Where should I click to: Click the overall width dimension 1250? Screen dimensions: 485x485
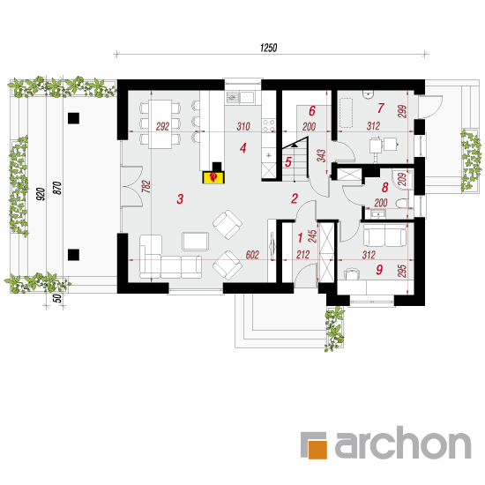[x=268, y=48]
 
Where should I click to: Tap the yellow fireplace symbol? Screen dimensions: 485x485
[x=213, y=177]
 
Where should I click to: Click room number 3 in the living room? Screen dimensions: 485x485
[x=180, y=199]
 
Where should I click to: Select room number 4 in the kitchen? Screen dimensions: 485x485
[x=243, y=148]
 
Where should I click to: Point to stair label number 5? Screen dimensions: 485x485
[x=288, y=161]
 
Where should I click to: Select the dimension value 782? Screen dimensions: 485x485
[x=146, y=187]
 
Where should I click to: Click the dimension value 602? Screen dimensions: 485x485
[x=252, y=255]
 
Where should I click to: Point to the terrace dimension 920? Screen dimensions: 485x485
[x=41, y=194]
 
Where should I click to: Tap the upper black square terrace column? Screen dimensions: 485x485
[x=73, y=118]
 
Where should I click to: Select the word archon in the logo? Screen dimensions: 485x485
[x=403, y=443]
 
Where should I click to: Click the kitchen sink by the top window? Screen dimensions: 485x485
[x=241, y=97]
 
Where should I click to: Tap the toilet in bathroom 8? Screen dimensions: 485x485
[x=401, y=203]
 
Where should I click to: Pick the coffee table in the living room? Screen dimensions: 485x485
[x=195, y=242]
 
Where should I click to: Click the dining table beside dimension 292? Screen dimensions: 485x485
[x=160, y=124]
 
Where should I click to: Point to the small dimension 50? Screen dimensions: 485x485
[x=57, y=298]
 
